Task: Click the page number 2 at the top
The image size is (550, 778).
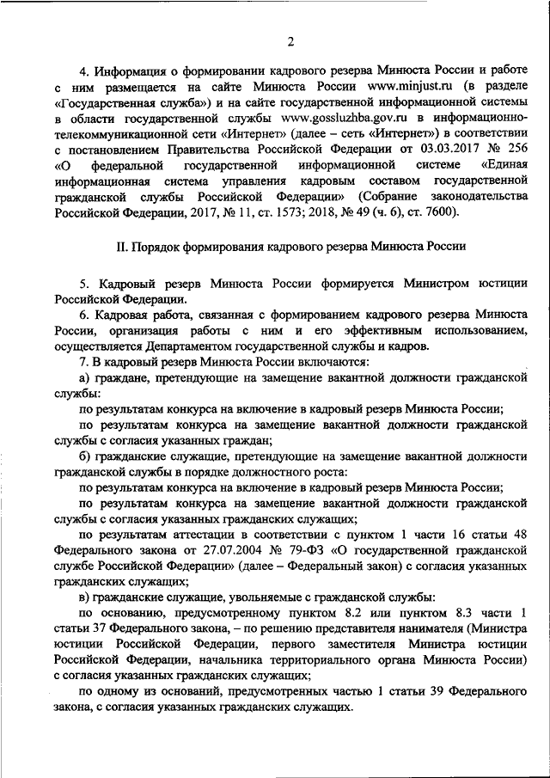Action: click(290, 42)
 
